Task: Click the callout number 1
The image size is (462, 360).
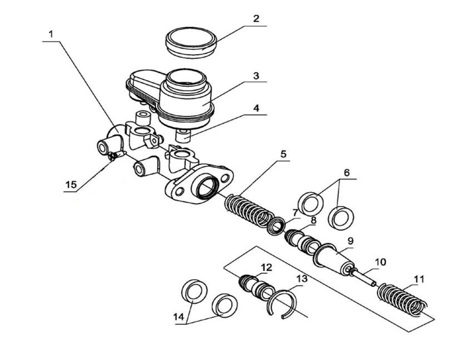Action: click(x=51, y=34)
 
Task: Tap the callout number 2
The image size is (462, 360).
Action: click(x=256, y=19)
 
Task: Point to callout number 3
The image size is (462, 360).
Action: click(x=256, y=76)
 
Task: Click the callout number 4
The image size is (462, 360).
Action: click(x=256, y=108)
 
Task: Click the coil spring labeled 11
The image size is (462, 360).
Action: click(x=402, y=298)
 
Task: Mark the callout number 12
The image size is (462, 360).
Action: click(x=266, y=268)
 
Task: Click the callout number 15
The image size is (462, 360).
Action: click(x=71, y=185)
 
